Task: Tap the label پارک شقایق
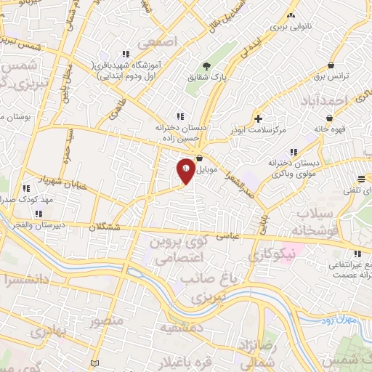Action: click(214, 76)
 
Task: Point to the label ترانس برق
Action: click(335, 76)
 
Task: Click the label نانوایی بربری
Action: click(291, 26)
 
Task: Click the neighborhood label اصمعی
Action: click(161, 42)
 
